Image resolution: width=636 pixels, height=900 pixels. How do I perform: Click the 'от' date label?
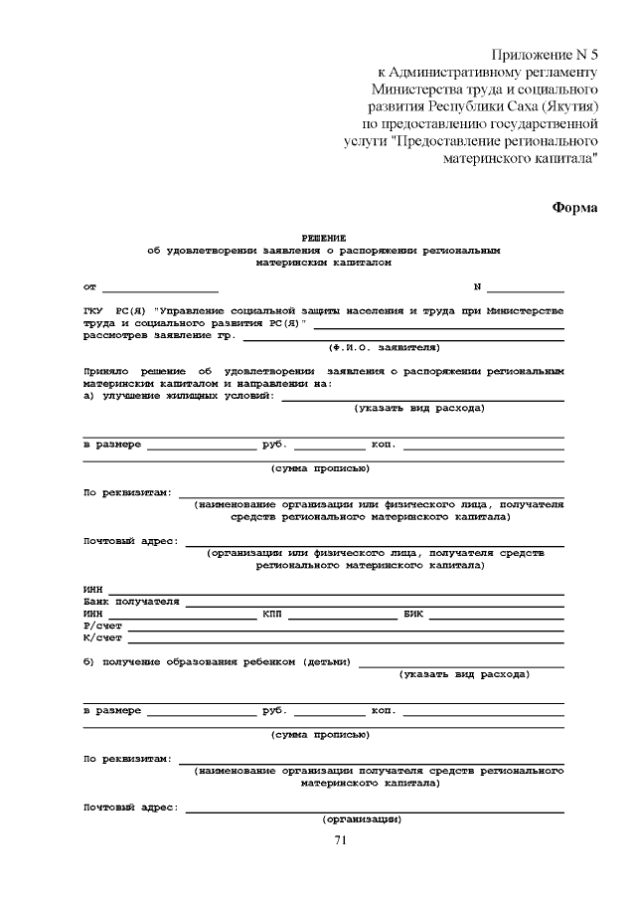tap(90, 287)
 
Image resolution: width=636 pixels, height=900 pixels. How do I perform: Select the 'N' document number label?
tap(477, 287)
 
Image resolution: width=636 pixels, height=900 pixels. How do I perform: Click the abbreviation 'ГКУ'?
tap(93, 312)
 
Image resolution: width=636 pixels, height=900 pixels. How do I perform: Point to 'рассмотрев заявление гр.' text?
tap(159, 336)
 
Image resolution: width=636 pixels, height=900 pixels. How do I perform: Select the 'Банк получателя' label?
tap(131, 602)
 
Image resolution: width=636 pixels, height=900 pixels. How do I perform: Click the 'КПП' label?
tap(273, 614)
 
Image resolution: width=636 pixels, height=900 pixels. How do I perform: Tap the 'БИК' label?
tap(414, 614)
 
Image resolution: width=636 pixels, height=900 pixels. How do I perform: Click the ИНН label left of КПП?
tap(93, 614)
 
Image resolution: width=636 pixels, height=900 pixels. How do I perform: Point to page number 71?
tap(340, 841)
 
